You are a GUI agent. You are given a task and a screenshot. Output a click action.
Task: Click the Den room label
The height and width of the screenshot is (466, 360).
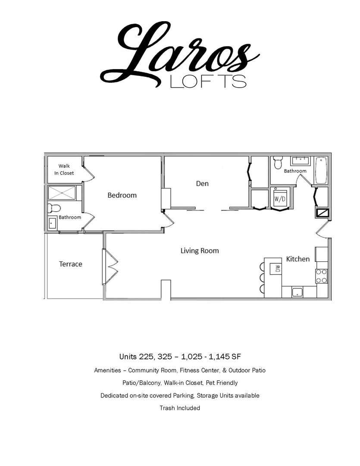tap(202, 184)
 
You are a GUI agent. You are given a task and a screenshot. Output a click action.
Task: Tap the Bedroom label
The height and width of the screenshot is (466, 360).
tap(122, 195)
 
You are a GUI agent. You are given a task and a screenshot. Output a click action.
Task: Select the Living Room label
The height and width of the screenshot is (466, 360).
tap(200, 251)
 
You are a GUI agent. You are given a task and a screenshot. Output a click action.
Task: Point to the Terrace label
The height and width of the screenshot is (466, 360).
tap(70, 264)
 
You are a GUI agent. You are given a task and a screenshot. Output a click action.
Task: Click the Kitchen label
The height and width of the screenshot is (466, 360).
tap(297, 259)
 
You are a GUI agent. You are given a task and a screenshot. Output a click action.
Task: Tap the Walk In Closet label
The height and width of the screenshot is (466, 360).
tap(64, 170)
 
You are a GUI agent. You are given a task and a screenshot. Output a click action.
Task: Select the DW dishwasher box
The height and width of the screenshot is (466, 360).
tap(275, 269)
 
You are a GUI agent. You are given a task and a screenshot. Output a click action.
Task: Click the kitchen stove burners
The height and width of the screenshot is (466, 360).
tap(321, 276)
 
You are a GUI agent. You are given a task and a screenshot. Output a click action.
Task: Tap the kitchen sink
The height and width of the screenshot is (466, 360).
tap(297, 292)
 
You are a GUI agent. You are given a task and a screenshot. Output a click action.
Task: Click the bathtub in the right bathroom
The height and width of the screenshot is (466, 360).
tap(321, 170)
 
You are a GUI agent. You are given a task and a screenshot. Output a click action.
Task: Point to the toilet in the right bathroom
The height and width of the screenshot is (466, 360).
tap(278, 163)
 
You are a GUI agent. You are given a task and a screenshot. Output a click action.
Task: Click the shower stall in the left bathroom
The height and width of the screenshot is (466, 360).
tap(62, 193)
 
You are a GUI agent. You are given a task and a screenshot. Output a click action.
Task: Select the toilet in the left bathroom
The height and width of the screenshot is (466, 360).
tap(54, 208)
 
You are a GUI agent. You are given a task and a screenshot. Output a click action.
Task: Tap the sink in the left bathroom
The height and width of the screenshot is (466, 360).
tap(52, 223)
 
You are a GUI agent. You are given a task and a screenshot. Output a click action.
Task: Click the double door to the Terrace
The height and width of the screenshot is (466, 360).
tap(110, 267)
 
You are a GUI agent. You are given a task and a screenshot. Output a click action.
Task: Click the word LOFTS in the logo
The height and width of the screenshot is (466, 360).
tap(208, 81)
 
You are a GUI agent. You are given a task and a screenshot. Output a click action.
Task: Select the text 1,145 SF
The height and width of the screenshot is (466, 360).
tap(225, 356)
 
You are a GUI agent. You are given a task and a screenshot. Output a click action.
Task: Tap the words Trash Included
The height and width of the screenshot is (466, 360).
tap(180, 408)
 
